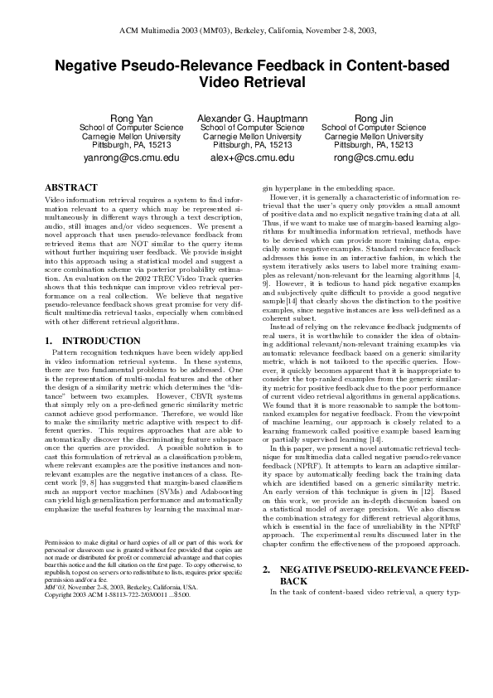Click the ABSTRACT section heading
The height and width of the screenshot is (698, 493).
(x=70, y=188)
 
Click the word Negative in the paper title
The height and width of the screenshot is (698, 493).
(x=92, y=65)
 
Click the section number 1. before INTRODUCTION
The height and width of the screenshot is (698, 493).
(x=48, y=341)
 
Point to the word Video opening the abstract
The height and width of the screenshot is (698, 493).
(x=54, y=201)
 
